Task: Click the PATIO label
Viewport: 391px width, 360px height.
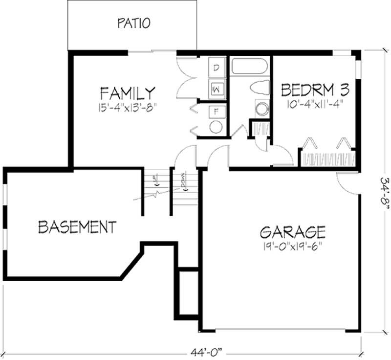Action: pyautogui.click(x=133, y=22)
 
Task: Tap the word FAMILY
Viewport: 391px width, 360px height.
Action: pyautogui.click(x=128, y=93)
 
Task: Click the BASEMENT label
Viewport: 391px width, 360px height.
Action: pyautogui.click(x=77, y=227)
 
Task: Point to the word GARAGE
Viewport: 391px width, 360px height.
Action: pyautogui.click(x=293, y=231)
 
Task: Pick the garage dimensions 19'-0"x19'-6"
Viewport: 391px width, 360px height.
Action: pyautogui.click(x=293, y=245)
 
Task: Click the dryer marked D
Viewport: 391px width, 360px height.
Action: pyautogui.click(x=216, y=68)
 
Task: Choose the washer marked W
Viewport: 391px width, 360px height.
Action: pyautogui.click(x=216, y=89)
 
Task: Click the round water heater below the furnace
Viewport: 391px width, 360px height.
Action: pyautogui.click(x=216, y=127)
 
